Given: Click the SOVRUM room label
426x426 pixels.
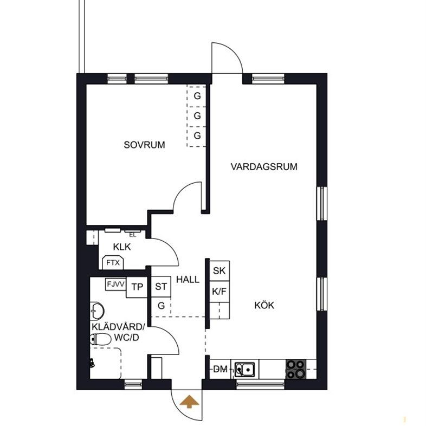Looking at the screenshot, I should pos(144,145).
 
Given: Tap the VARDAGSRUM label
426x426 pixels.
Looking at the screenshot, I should pos(264,166).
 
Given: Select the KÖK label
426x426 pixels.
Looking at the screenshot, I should pos(264,305).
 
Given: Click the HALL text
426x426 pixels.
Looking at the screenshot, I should pos(188,280).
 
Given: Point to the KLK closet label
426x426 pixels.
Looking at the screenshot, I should pos(121,247).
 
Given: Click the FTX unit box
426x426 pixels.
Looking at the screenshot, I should pos(113,263).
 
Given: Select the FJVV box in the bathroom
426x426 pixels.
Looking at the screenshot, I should pos(115,284).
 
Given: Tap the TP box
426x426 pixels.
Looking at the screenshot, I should pos(138,287).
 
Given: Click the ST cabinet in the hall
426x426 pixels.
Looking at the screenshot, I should pos(161,287).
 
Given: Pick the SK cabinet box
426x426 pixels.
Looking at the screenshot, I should pos(219,270).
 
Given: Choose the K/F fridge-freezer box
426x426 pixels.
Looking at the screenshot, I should pos(219,291).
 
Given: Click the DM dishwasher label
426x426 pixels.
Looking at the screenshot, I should pos(220,369).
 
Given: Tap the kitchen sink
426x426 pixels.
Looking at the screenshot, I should pos(246,370).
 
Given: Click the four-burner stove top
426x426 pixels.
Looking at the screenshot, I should pos(296,369).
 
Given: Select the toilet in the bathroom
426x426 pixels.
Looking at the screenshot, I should pos(101,340).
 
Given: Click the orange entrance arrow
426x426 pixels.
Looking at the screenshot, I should pos(189,402).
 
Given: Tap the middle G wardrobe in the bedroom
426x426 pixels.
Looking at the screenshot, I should pos(197,116).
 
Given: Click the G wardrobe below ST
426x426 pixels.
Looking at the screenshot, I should pos(161,306).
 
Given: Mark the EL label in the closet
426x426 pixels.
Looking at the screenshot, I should pos(132,235).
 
